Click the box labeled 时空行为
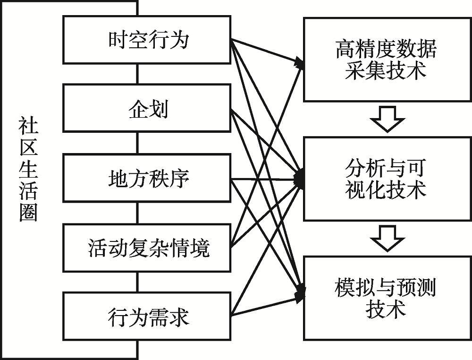pyautogui.click(x=147, y=40)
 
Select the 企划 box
pyautogui.click(x=147, y=108)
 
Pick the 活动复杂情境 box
pyautogui.click(x=147, y=248)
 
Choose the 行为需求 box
pyautogui.click(x=147, y=316)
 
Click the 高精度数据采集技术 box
pyautogui.click(x=386, y=60)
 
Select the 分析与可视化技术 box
pyautogui.click(x=386, y=179)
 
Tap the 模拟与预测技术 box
pyautogui.click(x=386, y=298)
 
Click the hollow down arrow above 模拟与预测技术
pyautogui.click(x=388, y=239)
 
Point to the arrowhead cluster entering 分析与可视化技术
pyautogui.click(x=299, y=179)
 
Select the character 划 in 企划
pyautogui.click(x=160, y=109)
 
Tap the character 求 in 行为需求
pyautogui.click(x=179, y=317)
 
